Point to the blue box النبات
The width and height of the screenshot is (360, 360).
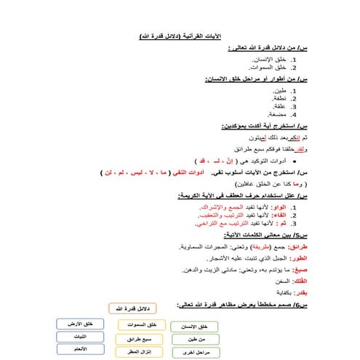[x=79, y=337]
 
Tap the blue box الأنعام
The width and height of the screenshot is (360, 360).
[x=79, y=350]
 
